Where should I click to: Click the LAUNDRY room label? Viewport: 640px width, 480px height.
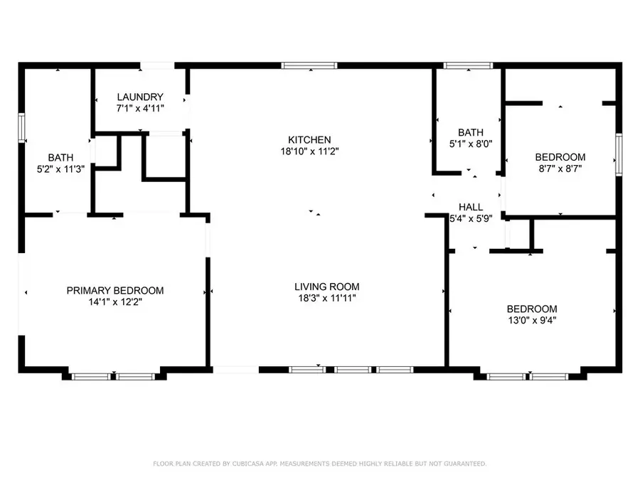coord(141,97)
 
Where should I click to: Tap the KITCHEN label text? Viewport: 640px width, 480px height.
coord(309,140)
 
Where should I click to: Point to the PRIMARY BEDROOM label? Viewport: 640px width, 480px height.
coord(115,290)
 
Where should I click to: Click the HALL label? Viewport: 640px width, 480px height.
coord(471,207)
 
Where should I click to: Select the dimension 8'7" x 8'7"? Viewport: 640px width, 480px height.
coord(560,169)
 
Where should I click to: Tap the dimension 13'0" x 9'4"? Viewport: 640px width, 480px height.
coord(531,320)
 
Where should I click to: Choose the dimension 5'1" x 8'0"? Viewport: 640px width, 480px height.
coord(471,143)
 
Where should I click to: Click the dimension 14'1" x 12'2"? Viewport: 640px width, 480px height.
coord(115,302)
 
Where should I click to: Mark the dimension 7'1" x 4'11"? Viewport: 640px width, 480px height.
coord(141,108)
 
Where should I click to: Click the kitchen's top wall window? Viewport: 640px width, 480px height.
coord(309,65)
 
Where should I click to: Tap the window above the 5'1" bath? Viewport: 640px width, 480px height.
coord(467,65)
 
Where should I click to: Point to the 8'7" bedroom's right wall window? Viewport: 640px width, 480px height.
coord(619,154)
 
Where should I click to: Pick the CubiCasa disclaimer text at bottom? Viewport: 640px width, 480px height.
coord(320,464)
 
